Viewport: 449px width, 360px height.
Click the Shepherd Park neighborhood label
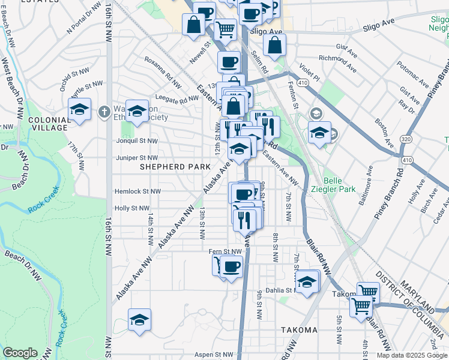[x=175, y=166]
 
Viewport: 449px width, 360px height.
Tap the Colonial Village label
[x=48, y=124]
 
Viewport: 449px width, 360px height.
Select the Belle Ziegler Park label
[x=339, y=185]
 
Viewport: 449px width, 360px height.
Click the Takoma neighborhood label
[x=298, y=330]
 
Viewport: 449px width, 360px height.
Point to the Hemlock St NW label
[x=137, y=191]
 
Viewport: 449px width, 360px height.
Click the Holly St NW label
[x=131, y=208]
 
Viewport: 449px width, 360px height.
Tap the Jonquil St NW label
[x=137, y=142]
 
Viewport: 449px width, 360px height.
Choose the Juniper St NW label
[x=137, y=158]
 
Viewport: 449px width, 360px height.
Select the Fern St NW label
[x=224, y=252]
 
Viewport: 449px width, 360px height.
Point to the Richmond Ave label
[x=339, y=62]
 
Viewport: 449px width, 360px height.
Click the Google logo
[x=20, y=353]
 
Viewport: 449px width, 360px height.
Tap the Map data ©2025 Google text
[x=412, y=355]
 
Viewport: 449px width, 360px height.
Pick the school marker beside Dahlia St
[x=307, y=281]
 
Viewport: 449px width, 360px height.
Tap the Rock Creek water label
[x=41, y=211]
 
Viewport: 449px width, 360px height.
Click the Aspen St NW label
[x=223, y=355]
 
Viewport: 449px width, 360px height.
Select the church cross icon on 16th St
[x=104, y=111]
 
